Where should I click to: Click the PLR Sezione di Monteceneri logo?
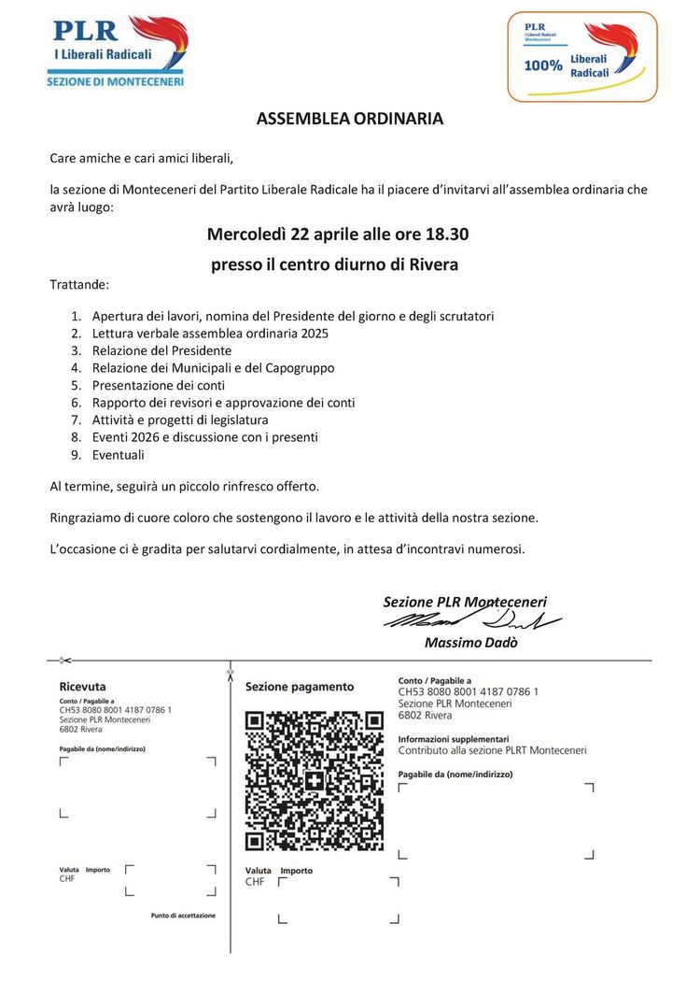pos(117,51)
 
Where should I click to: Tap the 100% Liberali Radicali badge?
pos(581,56)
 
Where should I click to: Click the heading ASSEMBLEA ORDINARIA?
pos(350,119)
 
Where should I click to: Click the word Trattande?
pos(79,283)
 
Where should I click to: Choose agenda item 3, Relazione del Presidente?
pos(161,350)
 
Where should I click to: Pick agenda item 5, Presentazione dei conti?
pos(158,385)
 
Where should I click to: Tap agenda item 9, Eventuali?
pos(118,455)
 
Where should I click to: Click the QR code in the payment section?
pos(314,781)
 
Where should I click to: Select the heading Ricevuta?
pos(82,686)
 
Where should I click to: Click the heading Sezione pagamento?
pos(300,687)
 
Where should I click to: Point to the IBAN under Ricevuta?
pos(115,710)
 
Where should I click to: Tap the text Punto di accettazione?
pos(183,916)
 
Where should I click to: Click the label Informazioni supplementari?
pos(453,738)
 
